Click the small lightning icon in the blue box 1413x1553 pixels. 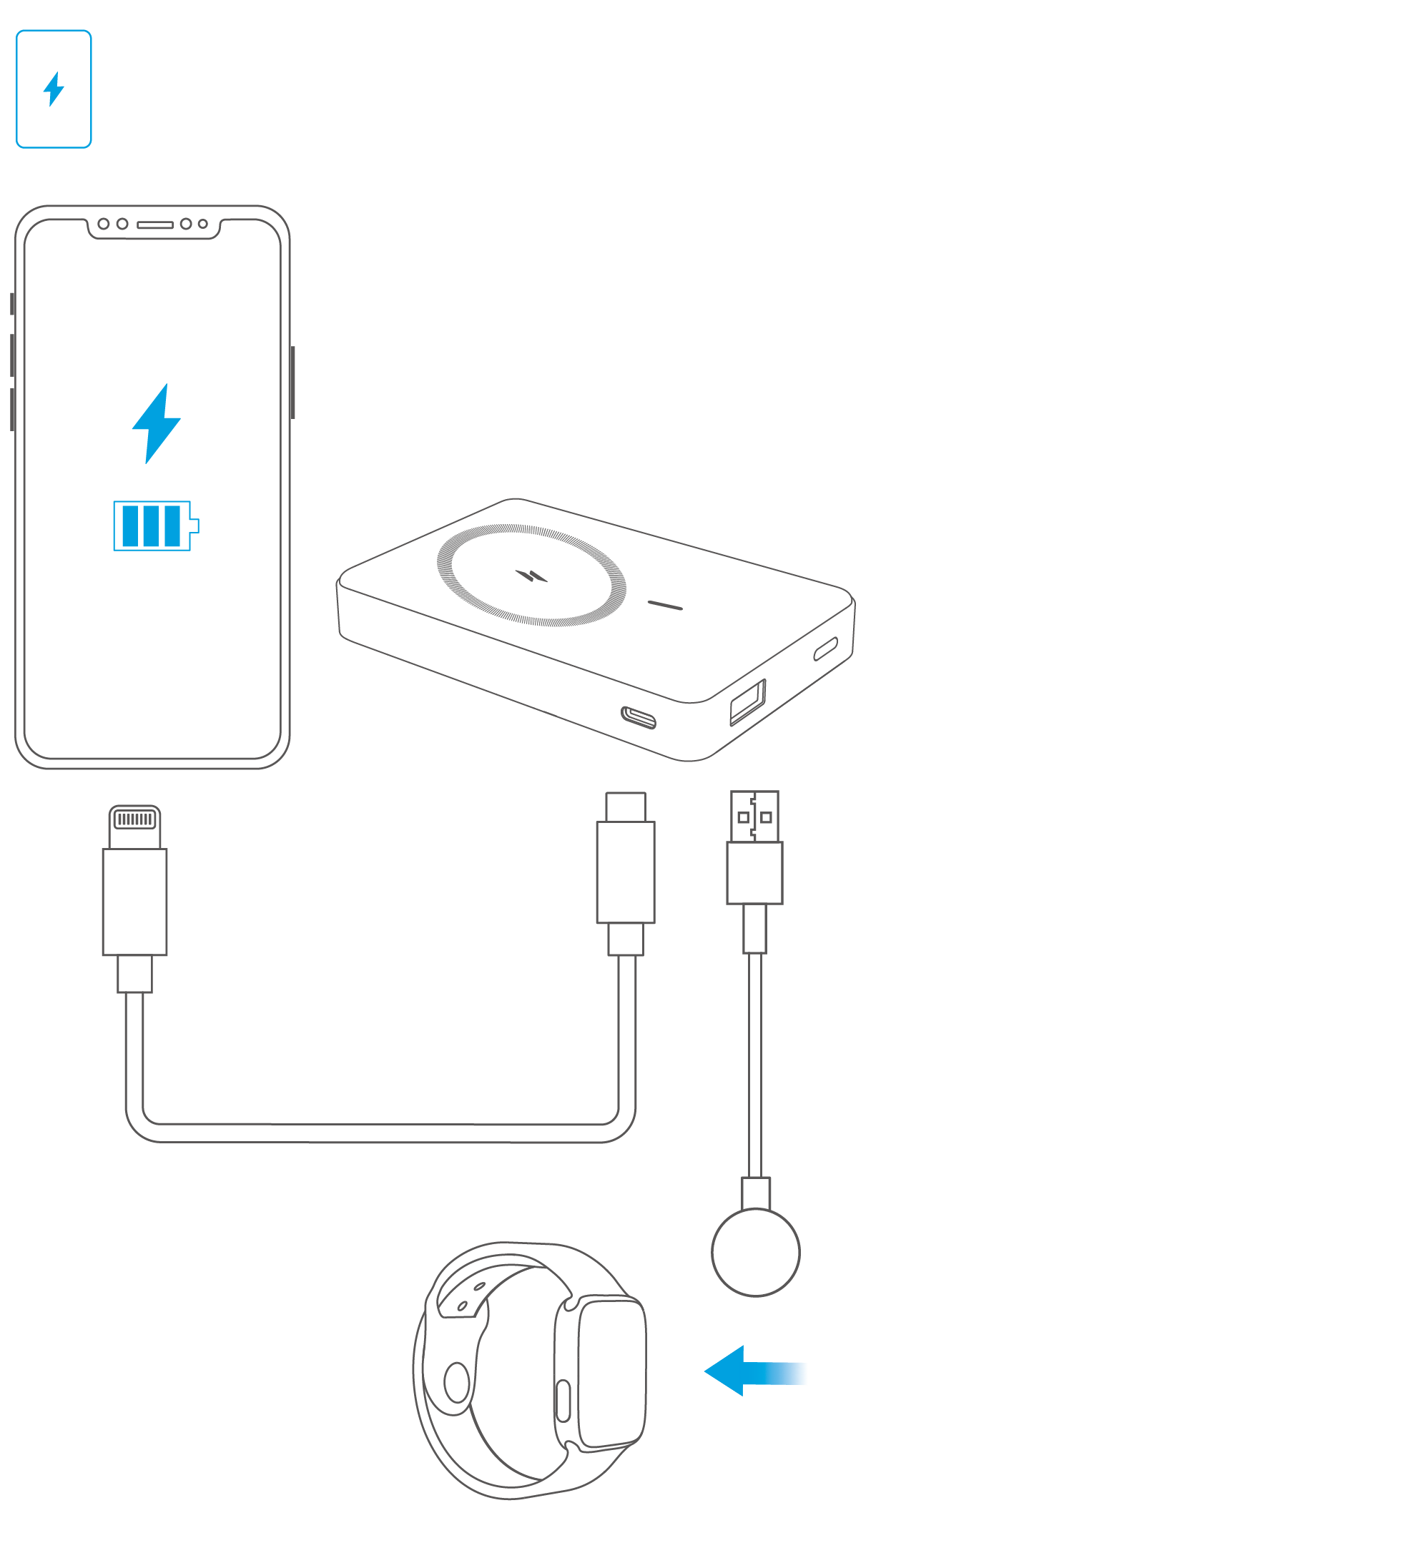(53, 89)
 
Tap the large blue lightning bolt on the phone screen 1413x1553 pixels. (157, 424)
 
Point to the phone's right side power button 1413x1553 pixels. (292, 383)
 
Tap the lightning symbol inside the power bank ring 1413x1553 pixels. (531, 576)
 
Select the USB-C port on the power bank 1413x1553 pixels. (638, 717)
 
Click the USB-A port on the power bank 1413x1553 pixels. (747, 701)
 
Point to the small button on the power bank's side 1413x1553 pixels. (825, 649)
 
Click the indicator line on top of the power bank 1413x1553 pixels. (664, 606)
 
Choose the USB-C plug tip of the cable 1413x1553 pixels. (626, 807)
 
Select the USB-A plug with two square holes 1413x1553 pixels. (754, 816)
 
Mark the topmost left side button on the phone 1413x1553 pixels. (12, 303)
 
